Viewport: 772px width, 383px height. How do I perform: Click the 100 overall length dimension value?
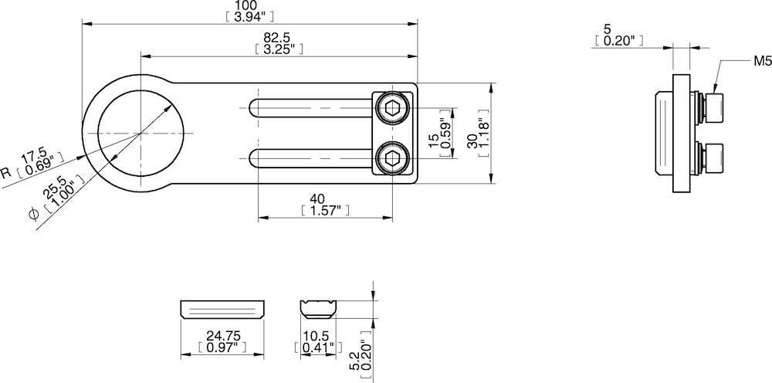click(247, 5)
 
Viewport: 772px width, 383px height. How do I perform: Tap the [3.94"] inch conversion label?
click(247, 16)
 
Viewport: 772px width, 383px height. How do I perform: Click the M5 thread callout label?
click(763, 60)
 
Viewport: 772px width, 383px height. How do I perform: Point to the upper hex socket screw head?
click(393, 108)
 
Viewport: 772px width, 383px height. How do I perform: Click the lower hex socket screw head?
click(393, 161)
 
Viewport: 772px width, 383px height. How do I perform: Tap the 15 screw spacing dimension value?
click(433, 139)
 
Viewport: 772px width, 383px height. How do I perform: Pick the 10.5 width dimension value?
click(317, 337)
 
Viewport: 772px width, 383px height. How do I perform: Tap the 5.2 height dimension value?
click(355, 361)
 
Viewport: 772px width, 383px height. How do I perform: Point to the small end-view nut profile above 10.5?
click(318, 309)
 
